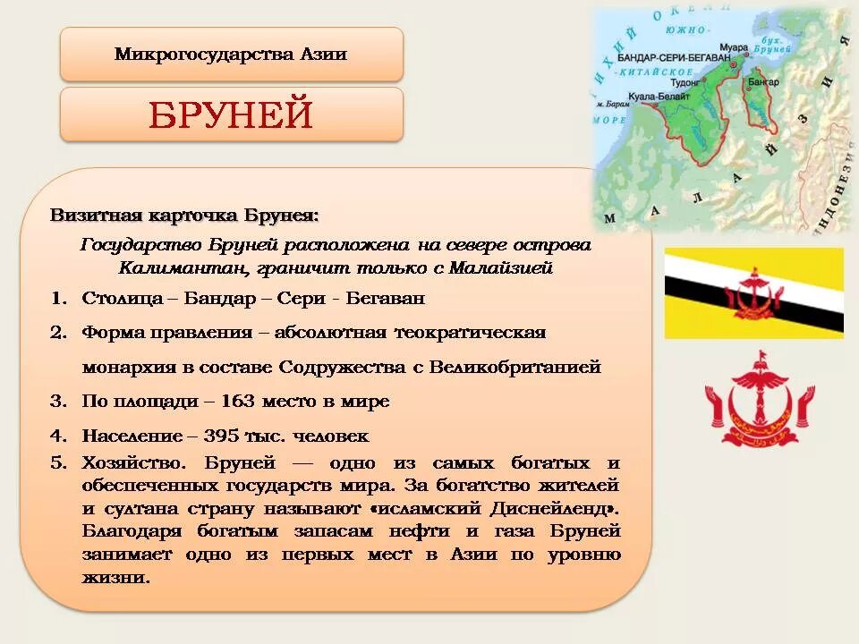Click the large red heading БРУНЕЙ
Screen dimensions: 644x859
[231, 115]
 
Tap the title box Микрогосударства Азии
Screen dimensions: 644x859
[231, 55]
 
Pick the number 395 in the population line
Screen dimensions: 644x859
[234, 436]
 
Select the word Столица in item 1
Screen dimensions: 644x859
[115, 298]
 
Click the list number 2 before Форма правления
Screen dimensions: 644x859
[57, 333]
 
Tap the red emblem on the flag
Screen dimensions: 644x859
[754, 293]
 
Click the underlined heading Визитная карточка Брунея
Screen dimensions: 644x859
[183, 216]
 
